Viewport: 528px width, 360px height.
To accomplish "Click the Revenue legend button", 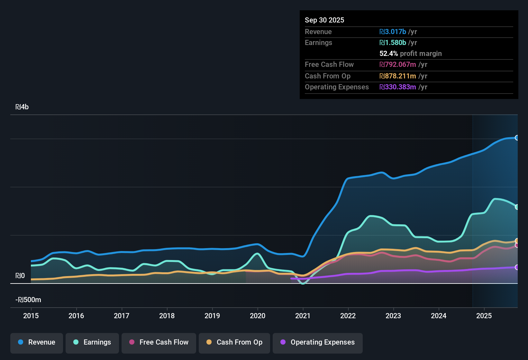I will coord(37,342).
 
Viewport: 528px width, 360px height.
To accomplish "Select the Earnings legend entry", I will coord(92,342).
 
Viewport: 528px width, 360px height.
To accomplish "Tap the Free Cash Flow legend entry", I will coord(159,342).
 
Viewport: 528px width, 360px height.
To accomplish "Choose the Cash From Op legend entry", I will coord(234,342).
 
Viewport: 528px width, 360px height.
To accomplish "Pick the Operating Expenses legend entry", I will coord(318,342).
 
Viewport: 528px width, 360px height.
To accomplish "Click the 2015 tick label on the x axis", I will coord(31,316).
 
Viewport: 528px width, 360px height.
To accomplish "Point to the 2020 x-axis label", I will coord(258,316).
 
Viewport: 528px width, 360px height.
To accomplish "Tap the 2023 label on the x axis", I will coord(393,316).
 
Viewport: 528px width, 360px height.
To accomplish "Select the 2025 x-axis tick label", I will coord(484,316).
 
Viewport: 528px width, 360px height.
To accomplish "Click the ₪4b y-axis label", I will coord(22,107).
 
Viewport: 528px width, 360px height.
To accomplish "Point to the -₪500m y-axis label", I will coord(28,300).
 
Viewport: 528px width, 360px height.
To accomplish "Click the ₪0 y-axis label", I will coord(20,276).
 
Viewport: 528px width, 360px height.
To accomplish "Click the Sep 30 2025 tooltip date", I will coord(324,20).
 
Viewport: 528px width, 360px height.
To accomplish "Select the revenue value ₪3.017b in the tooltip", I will coord(393,32).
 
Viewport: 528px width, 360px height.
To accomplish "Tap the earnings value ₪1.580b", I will coord(393,43).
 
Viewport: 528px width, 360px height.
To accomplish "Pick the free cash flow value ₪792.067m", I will coord(398,65).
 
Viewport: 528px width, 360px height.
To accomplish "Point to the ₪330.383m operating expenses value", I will coord(398,87).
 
